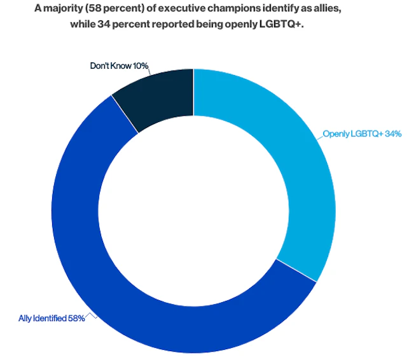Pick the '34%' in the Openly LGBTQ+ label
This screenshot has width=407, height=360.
click(392, 135)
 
